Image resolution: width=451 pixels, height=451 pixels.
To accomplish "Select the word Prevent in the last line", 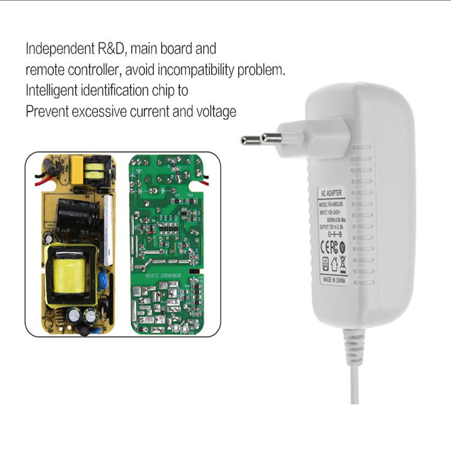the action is click(x=47, y=112).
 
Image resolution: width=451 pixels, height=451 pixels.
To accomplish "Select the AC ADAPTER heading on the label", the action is click(x=333, y=194).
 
